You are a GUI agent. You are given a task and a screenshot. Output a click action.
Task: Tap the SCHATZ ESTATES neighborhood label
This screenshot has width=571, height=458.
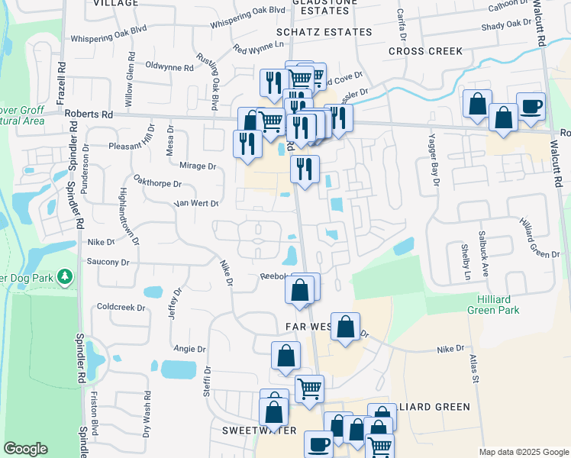[x=313, y=32]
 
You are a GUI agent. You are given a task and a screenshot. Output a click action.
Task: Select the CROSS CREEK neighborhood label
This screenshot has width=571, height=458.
[x=425, y=51]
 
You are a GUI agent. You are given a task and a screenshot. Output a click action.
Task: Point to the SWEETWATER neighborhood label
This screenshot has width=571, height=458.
[x=253, y=431]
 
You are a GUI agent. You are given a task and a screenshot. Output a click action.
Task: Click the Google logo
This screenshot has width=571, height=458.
[x=26, y=449]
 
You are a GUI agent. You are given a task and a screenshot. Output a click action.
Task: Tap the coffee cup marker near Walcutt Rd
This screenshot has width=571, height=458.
[x=531, y=107]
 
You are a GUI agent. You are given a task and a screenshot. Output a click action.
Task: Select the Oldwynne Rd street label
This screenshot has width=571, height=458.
[x=169, y=67]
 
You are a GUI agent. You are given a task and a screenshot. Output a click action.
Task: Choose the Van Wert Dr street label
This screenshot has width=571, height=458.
[x=196, y=204]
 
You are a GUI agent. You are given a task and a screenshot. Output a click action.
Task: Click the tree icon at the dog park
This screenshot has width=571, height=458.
[x=66, y=276]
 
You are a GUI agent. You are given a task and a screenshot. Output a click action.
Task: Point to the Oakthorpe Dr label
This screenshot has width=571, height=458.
[x=157, y=184]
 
